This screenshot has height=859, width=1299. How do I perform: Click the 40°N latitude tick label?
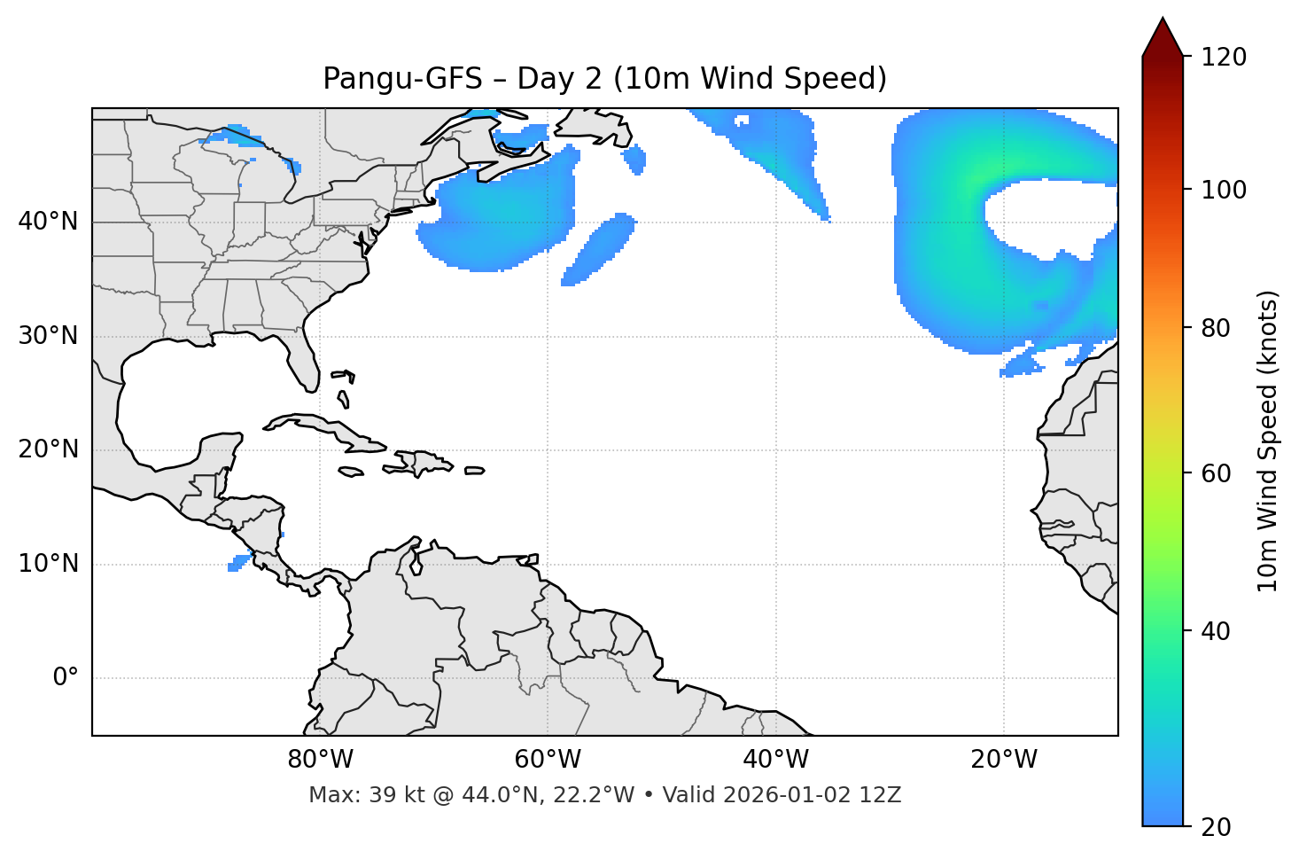pyautogui.click(x=48, y=222)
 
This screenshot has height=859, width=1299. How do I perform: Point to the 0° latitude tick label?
pyautogui.click(x=66, y=678)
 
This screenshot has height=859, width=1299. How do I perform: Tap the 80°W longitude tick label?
pyautogui.click(x=320, y=760)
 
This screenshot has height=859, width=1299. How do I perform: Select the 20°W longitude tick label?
pyautogui.click(x=1004, y=760)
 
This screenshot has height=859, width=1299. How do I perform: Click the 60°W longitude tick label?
pyautogui.click(x=548, y=760)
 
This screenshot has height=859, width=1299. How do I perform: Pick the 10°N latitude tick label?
pyautogui.click(x=48, y=564)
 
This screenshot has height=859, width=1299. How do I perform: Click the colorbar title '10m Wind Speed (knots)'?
pyautogui.click(x=1268, y=441)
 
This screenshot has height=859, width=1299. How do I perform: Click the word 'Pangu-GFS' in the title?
pyautogui.click(x=402, y=79)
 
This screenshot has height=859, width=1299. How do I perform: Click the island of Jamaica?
pyautogui.click(x=351, y=472)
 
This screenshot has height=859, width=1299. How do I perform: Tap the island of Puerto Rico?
pyautogui.click(x=474, y=471)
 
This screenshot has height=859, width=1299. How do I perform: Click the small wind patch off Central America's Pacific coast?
pyautogui.click(x=238, y=563)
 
